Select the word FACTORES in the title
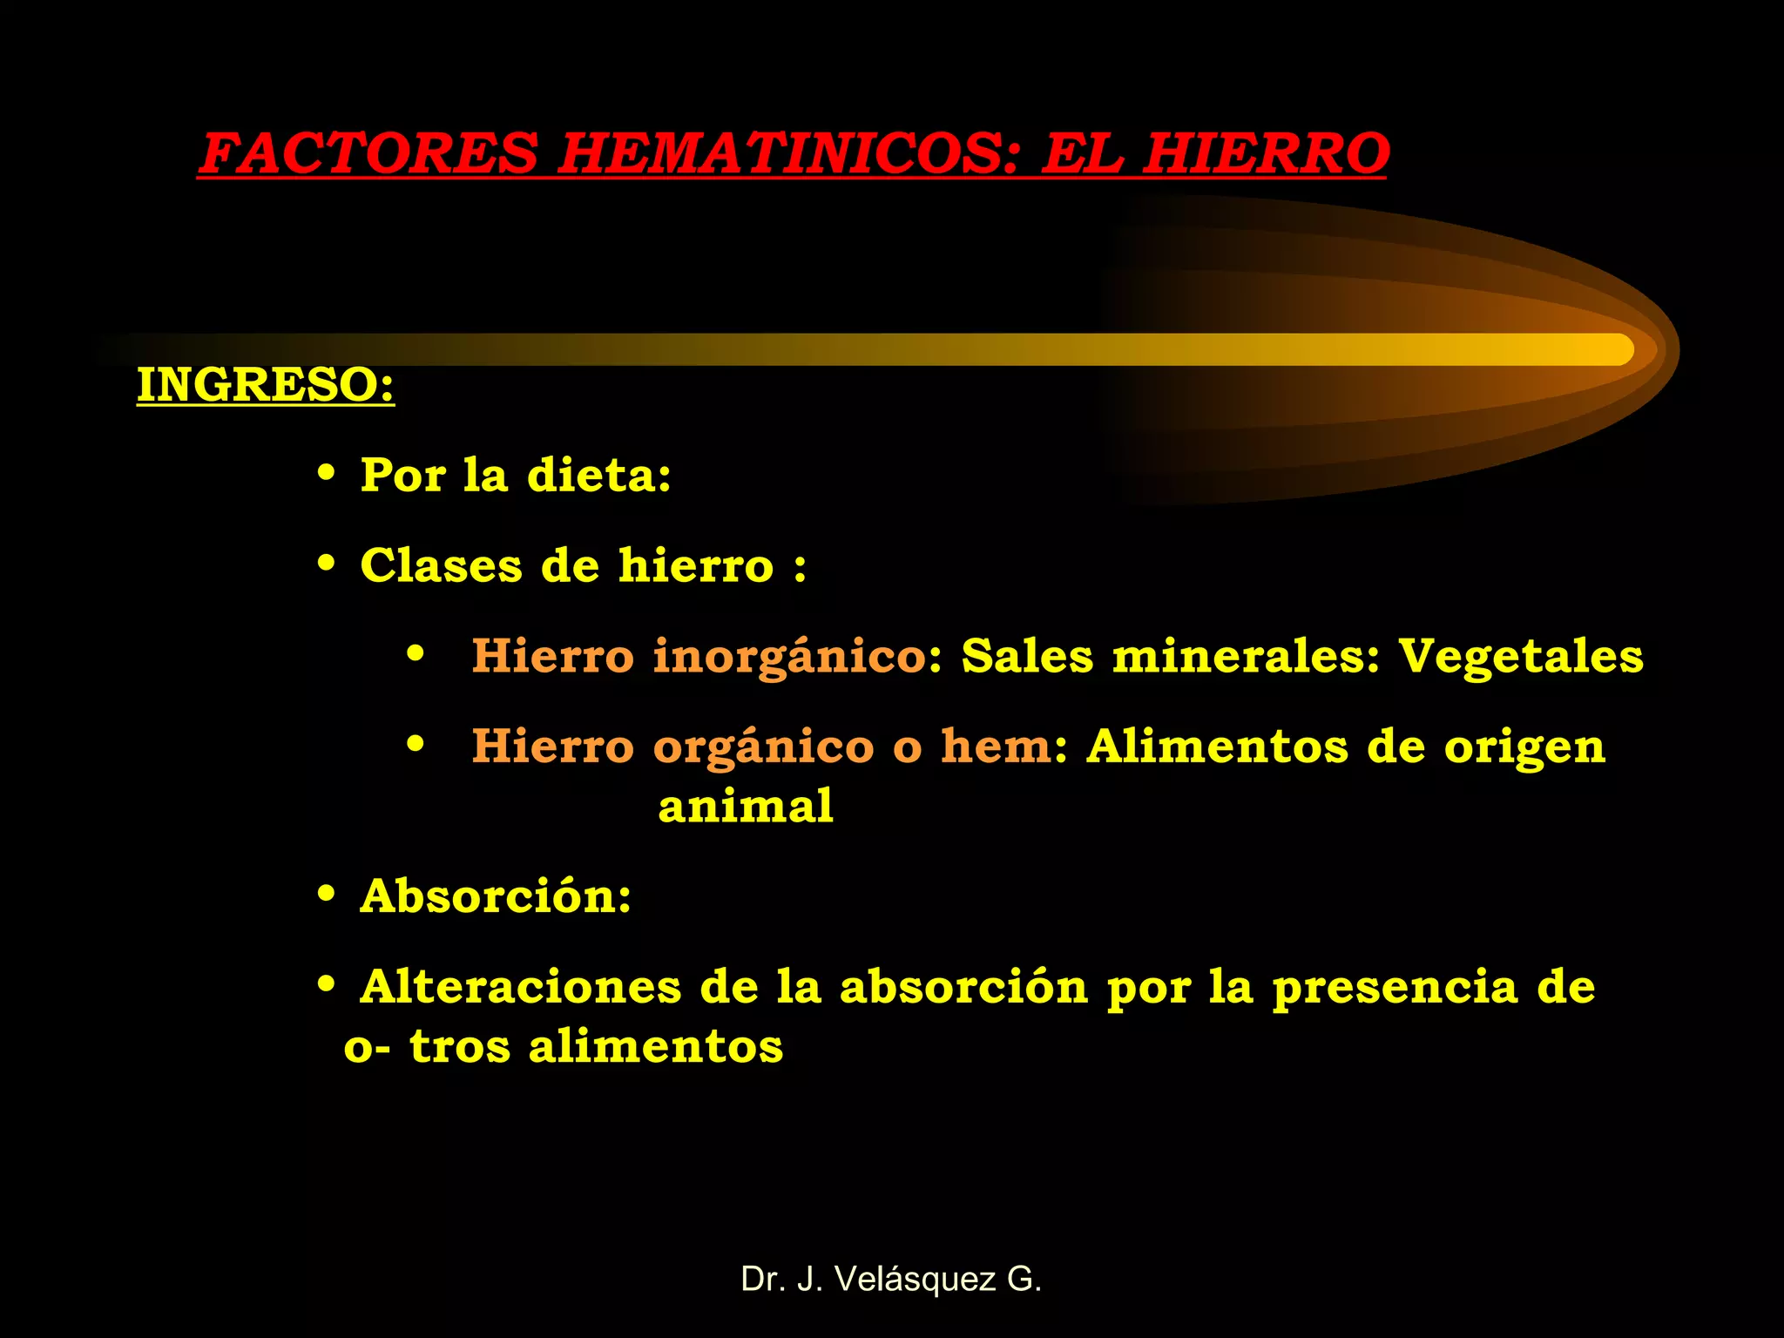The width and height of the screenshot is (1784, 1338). click(x=369, y=153)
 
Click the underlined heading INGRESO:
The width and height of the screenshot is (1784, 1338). click(x=266, y=384)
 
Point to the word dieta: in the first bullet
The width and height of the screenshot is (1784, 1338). click(x=599, y=476)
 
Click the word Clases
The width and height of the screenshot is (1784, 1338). click(x=441, y=565)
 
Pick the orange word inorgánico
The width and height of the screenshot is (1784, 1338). click(x=789, y=657)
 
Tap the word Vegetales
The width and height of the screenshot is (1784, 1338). click(x=1521, y=656)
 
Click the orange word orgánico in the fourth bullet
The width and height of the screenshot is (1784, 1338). click(x=763, y=747)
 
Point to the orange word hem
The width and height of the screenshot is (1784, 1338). click(x=997, y=747)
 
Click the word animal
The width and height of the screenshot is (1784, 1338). click(x=746, y=806)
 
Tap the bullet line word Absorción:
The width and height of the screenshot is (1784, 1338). click(x=496, y=896)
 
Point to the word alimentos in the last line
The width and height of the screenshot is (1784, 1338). click(x=656, y=1046)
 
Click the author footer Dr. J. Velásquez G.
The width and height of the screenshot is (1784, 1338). click(x=891, y=1279)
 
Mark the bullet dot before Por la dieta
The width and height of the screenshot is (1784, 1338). click(x=327, y=475)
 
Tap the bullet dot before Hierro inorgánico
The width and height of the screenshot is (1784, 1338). click(x=416, y=653)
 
